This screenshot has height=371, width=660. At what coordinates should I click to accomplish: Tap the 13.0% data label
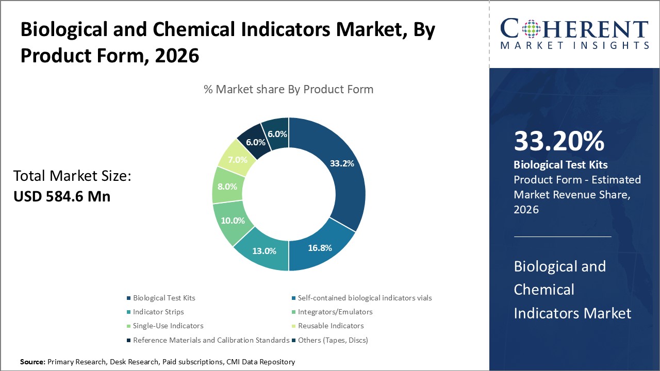coord(264,251)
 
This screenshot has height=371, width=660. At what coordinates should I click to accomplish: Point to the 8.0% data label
coord(227,187)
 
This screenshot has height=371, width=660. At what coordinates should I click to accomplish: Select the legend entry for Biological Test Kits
coord(164,298)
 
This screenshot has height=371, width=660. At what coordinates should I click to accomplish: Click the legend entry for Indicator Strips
coord(158,312)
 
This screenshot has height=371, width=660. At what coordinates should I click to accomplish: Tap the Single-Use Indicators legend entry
coord(168,326)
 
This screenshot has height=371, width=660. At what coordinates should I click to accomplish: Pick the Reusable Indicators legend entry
coord(331,326)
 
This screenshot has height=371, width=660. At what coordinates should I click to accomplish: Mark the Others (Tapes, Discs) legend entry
coord(333,340)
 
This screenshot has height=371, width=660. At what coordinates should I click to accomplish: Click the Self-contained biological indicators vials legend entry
coord(365,298)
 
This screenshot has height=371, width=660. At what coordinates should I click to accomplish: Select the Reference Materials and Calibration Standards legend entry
coord(211,340)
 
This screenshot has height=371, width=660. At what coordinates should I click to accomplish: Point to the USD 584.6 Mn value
coord(62,196)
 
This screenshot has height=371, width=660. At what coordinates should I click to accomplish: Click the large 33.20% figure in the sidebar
coord(559,141)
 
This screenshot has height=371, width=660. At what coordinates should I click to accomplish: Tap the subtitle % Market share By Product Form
coord(288,89)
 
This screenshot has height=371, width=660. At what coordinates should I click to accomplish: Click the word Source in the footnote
coord(32,362)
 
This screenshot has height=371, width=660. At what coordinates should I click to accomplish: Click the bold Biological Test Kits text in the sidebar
coord(560,165)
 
